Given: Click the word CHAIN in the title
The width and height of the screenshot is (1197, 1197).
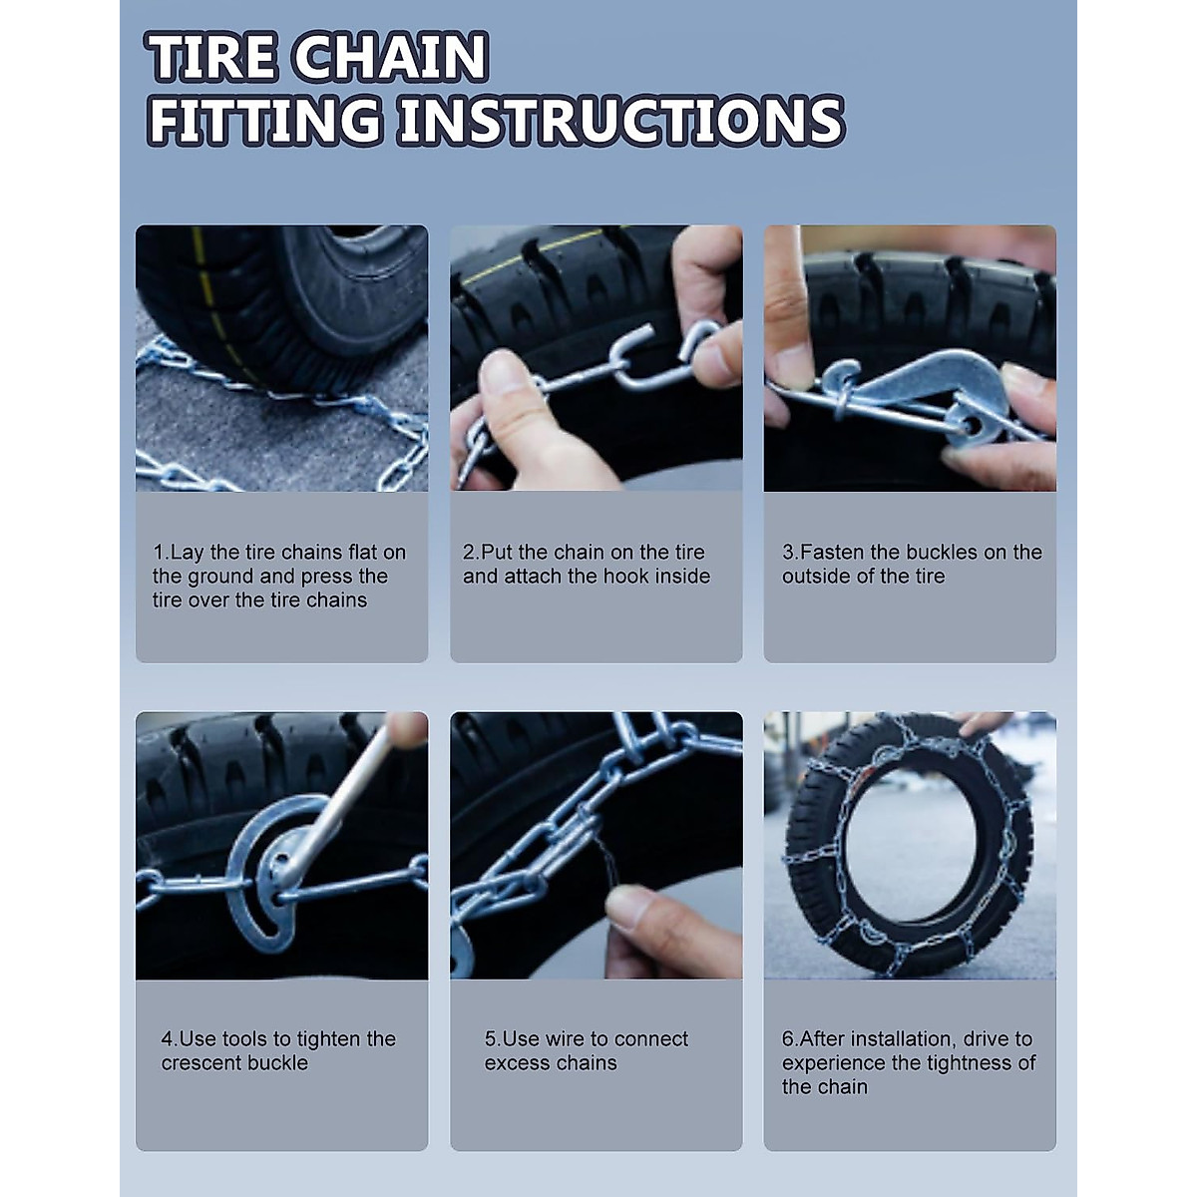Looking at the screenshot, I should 390,57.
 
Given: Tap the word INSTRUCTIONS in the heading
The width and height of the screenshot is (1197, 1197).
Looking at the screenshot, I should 619,121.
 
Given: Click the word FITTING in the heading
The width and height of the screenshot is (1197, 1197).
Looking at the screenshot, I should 265,121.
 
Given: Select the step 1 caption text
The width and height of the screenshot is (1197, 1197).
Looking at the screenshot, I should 279,576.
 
